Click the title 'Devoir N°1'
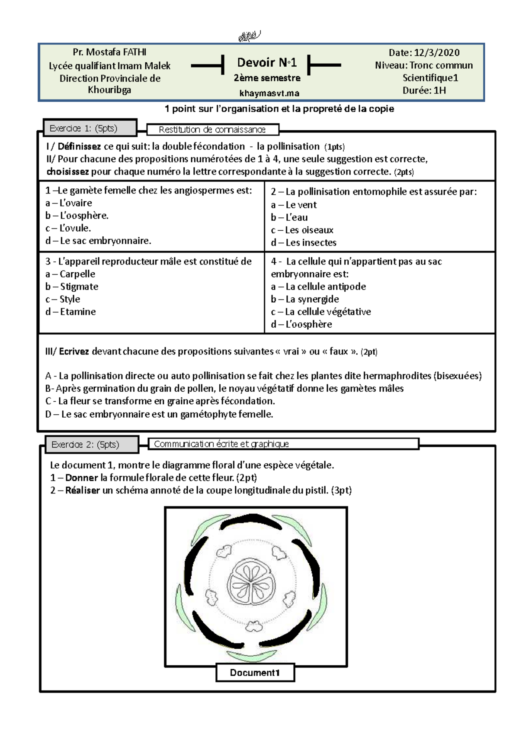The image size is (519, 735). click(267, 63)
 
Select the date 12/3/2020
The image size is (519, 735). click(436, 53)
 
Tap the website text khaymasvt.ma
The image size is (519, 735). click(269, 93)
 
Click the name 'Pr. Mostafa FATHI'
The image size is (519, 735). click(109, 52)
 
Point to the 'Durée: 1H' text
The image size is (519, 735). click(424, 90)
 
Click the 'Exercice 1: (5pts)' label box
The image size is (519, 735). click(90, 128)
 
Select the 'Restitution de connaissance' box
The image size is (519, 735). click(212, 129)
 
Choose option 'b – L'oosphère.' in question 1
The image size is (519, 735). click(77, 216)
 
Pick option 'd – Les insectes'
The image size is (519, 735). click(304, 242)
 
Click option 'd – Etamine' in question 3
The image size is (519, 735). click(70, 312)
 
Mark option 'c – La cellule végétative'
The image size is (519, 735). click(321, 312)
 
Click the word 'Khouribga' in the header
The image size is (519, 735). click(109, 90)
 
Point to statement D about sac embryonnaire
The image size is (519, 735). click(159, 414)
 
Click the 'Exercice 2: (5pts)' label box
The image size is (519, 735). click(92, 445)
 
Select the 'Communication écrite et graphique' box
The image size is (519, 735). click(283, 444)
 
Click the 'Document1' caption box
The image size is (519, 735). click(255, 673)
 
